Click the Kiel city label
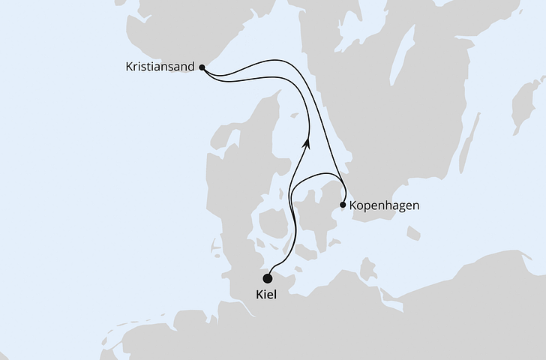(266, 295)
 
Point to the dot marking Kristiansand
(202, 67)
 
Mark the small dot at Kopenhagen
(343, 205)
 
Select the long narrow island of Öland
(468, 142)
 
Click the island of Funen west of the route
(271, 223)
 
